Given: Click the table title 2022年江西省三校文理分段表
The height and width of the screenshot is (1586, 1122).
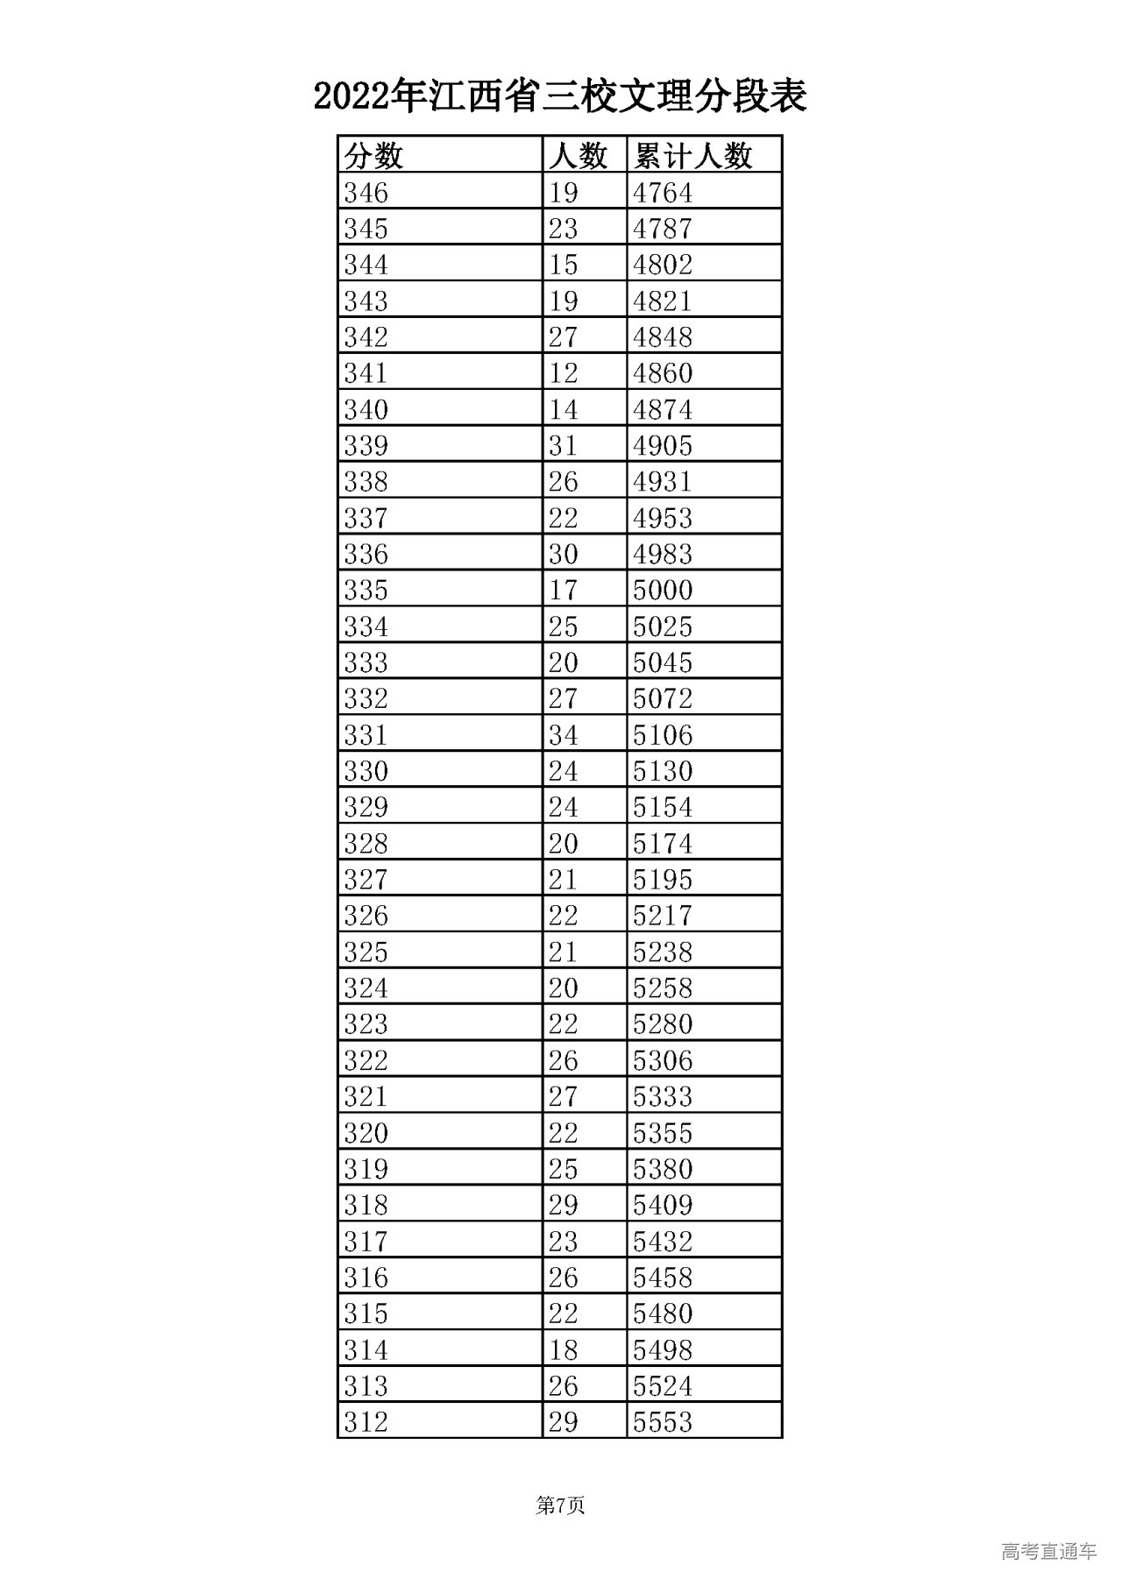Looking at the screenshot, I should click(x=560, y=97).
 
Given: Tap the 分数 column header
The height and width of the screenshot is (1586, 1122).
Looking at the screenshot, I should click(x=373, y=156).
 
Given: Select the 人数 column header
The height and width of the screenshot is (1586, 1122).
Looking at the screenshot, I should click(x=578, y=156).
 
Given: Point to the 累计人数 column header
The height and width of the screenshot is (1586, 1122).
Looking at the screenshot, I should click(x=692, y=156).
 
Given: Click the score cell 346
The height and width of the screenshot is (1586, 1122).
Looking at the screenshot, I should click(x=366, y=192).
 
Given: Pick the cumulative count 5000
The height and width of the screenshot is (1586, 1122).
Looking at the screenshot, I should click(x=663, y=590).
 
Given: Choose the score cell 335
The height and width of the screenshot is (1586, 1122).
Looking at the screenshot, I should click(x=366, y=590).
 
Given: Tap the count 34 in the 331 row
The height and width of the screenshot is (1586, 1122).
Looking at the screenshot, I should click(x=563, y=734).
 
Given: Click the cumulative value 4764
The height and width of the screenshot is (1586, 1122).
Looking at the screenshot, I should click(x=663, y=192).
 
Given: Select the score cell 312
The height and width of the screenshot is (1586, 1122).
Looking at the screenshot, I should click(x=366, y=1421).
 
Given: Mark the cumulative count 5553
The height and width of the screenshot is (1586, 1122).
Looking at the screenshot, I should click(x=663, y=1421).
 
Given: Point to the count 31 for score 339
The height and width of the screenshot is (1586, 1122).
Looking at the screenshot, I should click(x=563, y=445).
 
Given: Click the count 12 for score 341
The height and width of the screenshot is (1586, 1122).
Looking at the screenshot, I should click(x=563, y=373).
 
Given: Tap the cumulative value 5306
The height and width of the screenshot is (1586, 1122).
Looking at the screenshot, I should click(x=663, y=1060).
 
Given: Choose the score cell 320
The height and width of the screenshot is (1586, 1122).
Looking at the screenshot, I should click(x=366, y=1132).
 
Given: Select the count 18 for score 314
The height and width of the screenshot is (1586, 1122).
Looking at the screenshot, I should click(x=563, y=1349).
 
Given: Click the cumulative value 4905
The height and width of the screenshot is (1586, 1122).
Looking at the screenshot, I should click(x=663, y=445).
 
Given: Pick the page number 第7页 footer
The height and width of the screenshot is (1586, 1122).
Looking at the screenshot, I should click(x=560, y=1505).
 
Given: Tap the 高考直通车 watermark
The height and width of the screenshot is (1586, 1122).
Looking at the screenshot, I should click(x=1048, y=1551).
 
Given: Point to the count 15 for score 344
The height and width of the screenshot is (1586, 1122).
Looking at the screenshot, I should click(x=563, y=265).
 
